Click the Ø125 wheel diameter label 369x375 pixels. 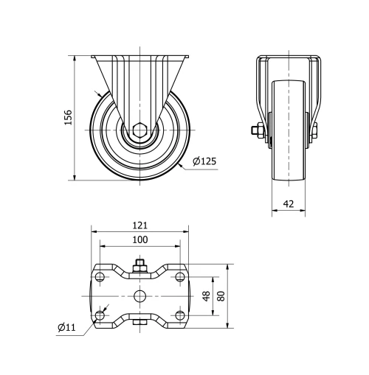[204, 161]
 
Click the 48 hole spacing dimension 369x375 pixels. [207, 295]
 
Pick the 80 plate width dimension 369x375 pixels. [221, 295]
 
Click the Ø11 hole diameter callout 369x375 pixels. [66, 327]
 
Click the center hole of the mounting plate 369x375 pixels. [139, 296]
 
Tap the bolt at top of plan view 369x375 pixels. [139, 264]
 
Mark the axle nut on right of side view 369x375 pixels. [315, 133]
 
